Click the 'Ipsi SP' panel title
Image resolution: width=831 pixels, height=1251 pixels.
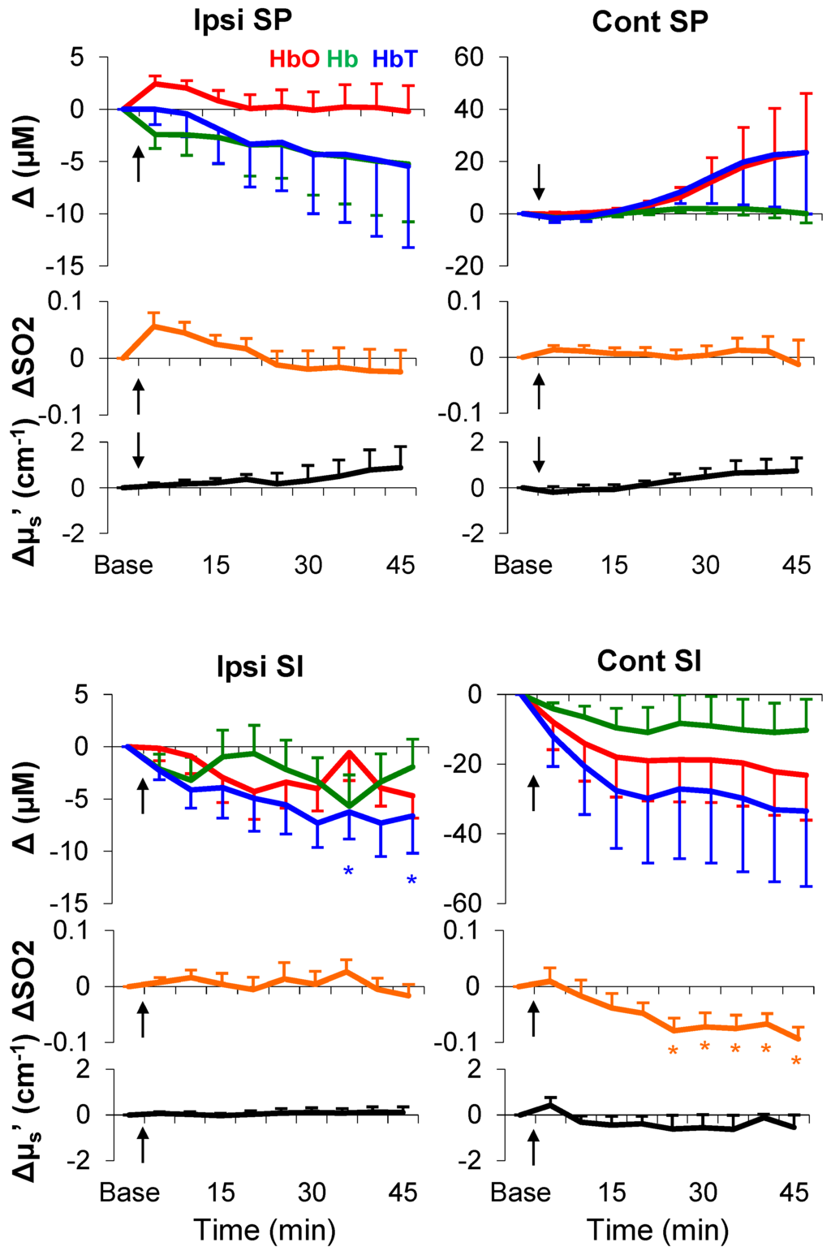coord(243,21)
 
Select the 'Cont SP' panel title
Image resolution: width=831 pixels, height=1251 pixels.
coord(650,21)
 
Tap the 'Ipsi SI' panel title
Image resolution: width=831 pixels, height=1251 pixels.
coord(260,666)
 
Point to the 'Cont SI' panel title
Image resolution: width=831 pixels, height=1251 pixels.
coord(649,661)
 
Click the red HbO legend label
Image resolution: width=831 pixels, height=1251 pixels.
coord(294,59)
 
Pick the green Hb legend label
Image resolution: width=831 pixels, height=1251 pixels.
coord(342,59)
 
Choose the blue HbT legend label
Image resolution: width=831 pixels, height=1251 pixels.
coord(394,59)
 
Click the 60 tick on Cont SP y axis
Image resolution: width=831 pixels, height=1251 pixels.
coord(468,57)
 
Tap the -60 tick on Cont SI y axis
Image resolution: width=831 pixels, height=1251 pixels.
coord(463,902)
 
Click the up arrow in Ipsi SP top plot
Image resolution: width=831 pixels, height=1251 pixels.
coord(139,163)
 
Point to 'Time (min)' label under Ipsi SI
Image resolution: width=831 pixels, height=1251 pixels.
coord(265,1230)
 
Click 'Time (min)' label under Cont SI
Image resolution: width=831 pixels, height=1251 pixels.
coord(657,1230)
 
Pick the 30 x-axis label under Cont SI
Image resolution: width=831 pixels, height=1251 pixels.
coord(703,1192)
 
